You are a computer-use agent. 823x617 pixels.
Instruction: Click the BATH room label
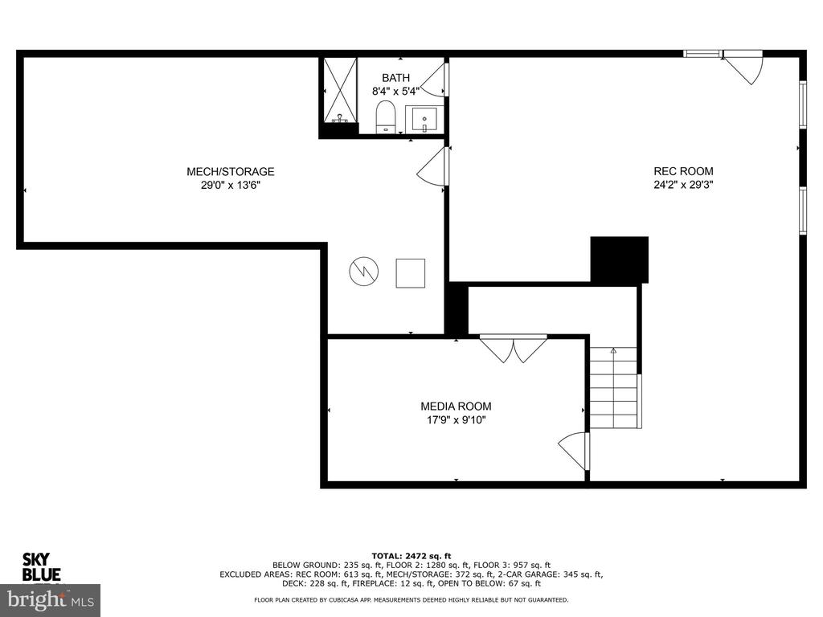395,78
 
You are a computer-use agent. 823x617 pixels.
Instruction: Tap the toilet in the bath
385,116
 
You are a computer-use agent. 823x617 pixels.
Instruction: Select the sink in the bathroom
424,120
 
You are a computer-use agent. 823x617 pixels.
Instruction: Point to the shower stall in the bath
340,90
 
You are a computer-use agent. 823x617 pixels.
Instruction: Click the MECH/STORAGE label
231,172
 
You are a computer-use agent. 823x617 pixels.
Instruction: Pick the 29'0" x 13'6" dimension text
231,186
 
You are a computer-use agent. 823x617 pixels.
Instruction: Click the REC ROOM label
683,171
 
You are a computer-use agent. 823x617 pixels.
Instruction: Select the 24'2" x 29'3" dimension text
683,185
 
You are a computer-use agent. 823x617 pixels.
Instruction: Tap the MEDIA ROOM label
457,406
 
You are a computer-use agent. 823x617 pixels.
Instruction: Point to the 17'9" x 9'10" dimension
457,419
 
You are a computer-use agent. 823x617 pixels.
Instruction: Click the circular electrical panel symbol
364,272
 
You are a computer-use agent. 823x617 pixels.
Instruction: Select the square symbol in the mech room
411,273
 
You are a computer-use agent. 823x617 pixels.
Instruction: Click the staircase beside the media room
613,387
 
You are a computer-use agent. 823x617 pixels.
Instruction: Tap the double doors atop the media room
514,348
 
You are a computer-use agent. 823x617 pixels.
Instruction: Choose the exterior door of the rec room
743,66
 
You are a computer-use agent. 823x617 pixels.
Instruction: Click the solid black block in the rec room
620,259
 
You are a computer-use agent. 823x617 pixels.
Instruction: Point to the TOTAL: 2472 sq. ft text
411,556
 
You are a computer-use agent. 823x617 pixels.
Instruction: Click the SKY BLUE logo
41,567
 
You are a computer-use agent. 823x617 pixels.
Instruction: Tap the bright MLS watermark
51,599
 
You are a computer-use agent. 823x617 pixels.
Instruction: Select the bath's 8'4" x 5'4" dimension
395,92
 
